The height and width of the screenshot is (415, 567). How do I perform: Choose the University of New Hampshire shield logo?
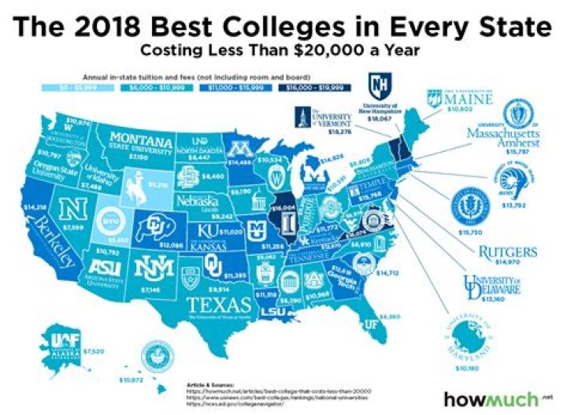(x=379, y=83)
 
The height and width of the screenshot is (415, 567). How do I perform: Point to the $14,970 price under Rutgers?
(x=510, y=264)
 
